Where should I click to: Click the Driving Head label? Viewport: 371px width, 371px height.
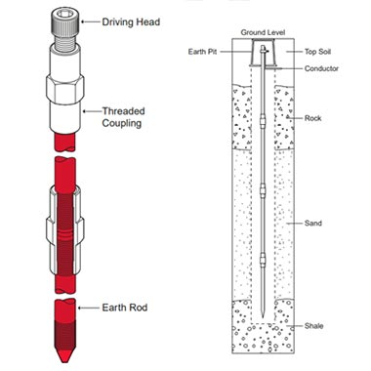(x=131, y=22)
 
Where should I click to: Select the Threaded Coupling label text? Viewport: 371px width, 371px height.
(x=123, y=117)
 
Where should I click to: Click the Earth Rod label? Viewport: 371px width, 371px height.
(x=125, y=308)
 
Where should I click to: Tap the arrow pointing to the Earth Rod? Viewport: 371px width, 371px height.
(x=88, y=308)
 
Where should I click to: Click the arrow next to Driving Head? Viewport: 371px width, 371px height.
(x=90, y=21)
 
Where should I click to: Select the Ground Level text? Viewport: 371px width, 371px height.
(x=263, y=32)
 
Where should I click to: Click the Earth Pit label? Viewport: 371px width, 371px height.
(x=202, y=52)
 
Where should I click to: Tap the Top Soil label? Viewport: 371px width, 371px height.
(x=317, y=52)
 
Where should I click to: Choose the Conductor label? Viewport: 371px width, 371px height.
(x=321, y=68)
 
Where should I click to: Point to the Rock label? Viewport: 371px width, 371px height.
(x=312, y=118)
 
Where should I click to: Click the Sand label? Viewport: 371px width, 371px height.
(x=312, y=223)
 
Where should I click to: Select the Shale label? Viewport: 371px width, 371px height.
(x=313, y=325)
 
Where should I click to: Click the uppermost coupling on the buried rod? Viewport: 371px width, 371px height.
(x=263, y=121)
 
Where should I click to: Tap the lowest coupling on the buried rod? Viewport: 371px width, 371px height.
(x=263, y=260)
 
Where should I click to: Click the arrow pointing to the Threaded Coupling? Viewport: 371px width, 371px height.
(x=92, y=111)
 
